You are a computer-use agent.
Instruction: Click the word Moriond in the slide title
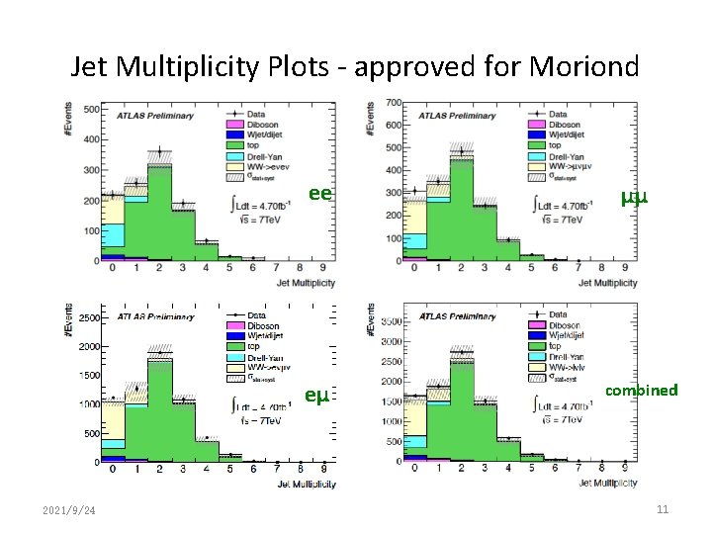(x=580, y=66)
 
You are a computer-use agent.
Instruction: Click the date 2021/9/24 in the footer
(x=69, y=510)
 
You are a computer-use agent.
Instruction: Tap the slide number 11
(x=663, y=509)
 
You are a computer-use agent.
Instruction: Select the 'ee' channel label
(x=318, y=193)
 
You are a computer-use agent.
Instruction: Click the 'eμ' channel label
(x=315, y=397)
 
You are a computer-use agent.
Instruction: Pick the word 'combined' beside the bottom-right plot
(x=642, y=390)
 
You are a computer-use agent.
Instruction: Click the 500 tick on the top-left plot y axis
(x=90, y=109)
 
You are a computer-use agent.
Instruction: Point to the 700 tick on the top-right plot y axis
(x=392, y=103)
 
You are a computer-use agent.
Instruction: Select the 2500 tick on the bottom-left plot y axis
(x=86, y=317)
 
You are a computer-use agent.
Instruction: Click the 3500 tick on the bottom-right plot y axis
(x=392, y=322)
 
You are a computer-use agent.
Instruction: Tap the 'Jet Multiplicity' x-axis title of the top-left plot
(x=303, y=283)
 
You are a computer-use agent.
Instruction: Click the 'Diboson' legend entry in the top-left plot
(x=262, y=125)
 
